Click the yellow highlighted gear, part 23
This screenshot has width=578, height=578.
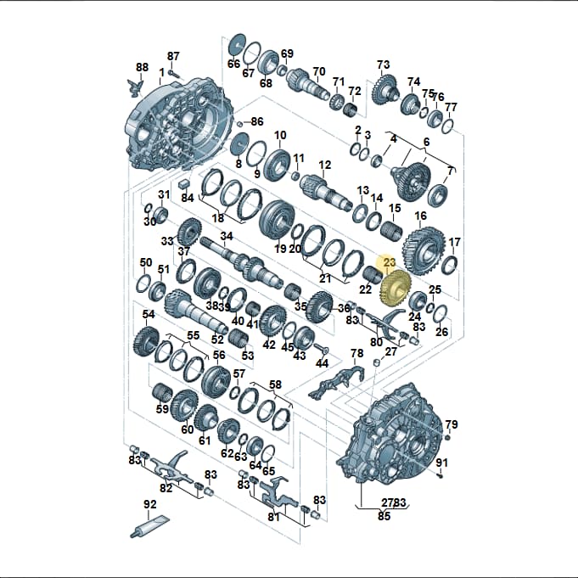coord(396,288)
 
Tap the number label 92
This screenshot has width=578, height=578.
coord(150,504)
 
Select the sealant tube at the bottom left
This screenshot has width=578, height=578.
coord(149,526)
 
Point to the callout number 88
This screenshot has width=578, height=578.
coord(142,67)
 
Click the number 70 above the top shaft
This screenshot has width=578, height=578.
coord(319,71)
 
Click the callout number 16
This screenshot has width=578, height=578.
coord(421,216)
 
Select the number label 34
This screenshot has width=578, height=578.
coord(227,236)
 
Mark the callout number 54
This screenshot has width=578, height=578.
coord(149,314)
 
